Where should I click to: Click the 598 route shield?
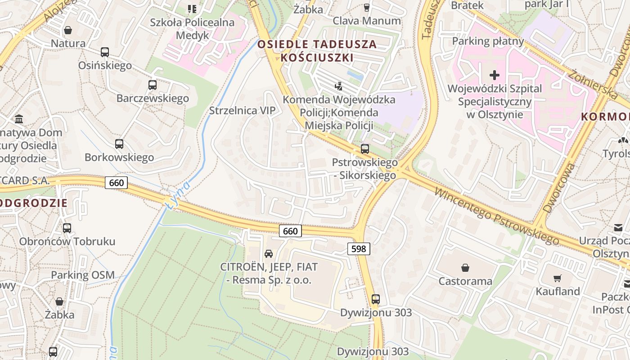point(359,248)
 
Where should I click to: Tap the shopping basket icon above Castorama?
point(465,268)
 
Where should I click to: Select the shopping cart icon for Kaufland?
point(558,278)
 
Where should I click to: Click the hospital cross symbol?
point(495,75)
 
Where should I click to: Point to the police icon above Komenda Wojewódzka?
point(339,85)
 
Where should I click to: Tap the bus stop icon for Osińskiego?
point(105,52)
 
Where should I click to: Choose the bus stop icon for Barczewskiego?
point(153,85)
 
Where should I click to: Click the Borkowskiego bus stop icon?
point(119,144)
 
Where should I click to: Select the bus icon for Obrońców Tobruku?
point(67,228)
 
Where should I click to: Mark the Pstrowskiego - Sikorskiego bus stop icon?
point(365,148)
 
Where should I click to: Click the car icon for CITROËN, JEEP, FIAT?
point(269,253)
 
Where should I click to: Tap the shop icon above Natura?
point(68,30)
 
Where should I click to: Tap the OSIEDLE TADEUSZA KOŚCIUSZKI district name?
point(317,51)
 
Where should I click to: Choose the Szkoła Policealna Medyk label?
point(192,28)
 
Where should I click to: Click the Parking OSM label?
point(83,275)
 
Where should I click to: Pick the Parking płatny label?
point(488,41)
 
